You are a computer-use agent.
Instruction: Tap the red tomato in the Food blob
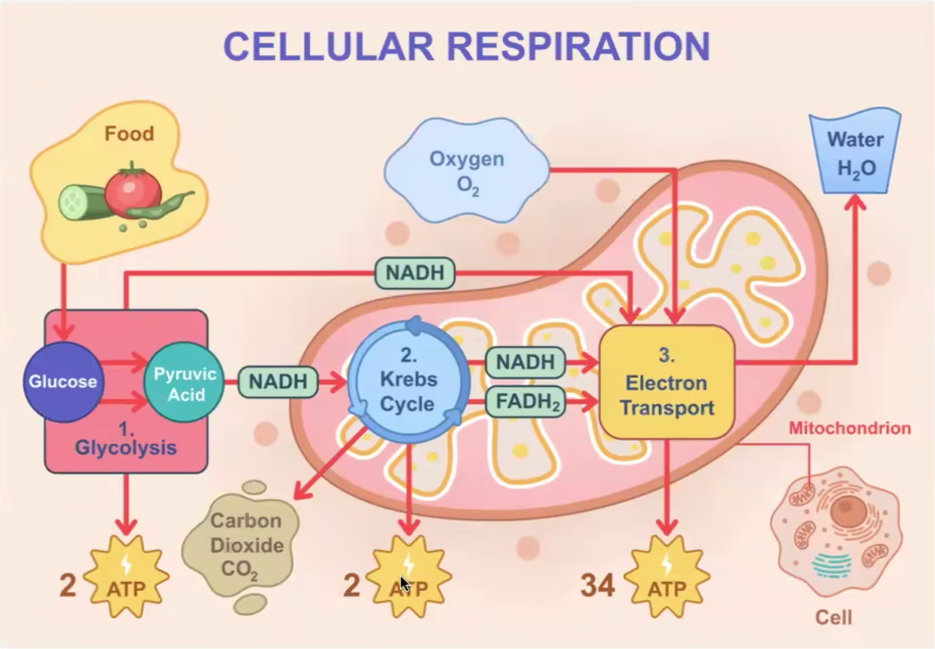click(x=133, y=191)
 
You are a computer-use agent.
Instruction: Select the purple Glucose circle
click(x=63, y=381)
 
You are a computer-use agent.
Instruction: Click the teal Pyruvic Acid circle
click(x=185, y=383)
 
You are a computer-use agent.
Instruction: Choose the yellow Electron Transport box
click(x=667, y=381)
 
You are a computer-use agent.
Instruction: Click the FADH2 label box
click(x=526, y=402)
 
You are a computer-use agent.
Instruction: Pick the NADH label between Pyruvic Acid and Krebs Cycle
click(x=278, y=381)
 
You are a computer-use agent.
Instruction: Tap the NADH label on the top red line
click(x=415, y=273)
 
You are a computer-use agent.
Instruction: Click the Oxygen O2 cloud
click(x=466, y=171)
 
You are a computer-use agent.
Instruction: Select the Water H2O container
click(x=855, y=154)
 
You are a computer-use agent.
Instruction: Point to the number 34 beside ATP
click(x=597, y=585)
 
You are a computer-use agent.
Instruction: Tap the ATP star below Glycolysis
click(x=126, y=579)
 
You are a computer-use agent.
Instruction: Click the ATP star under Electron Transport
click(x=667, y=579)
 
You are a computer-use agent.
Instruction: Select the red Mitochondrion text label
click(x=849, y=429)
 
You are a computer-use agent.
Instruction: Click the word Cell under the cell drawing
click(x=833, y=618)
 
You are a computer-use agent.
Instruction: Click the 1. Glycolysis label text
click(x=126, y=439)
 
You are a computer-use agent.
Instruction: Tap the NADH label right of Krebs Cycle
click(x=526, y=363)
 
